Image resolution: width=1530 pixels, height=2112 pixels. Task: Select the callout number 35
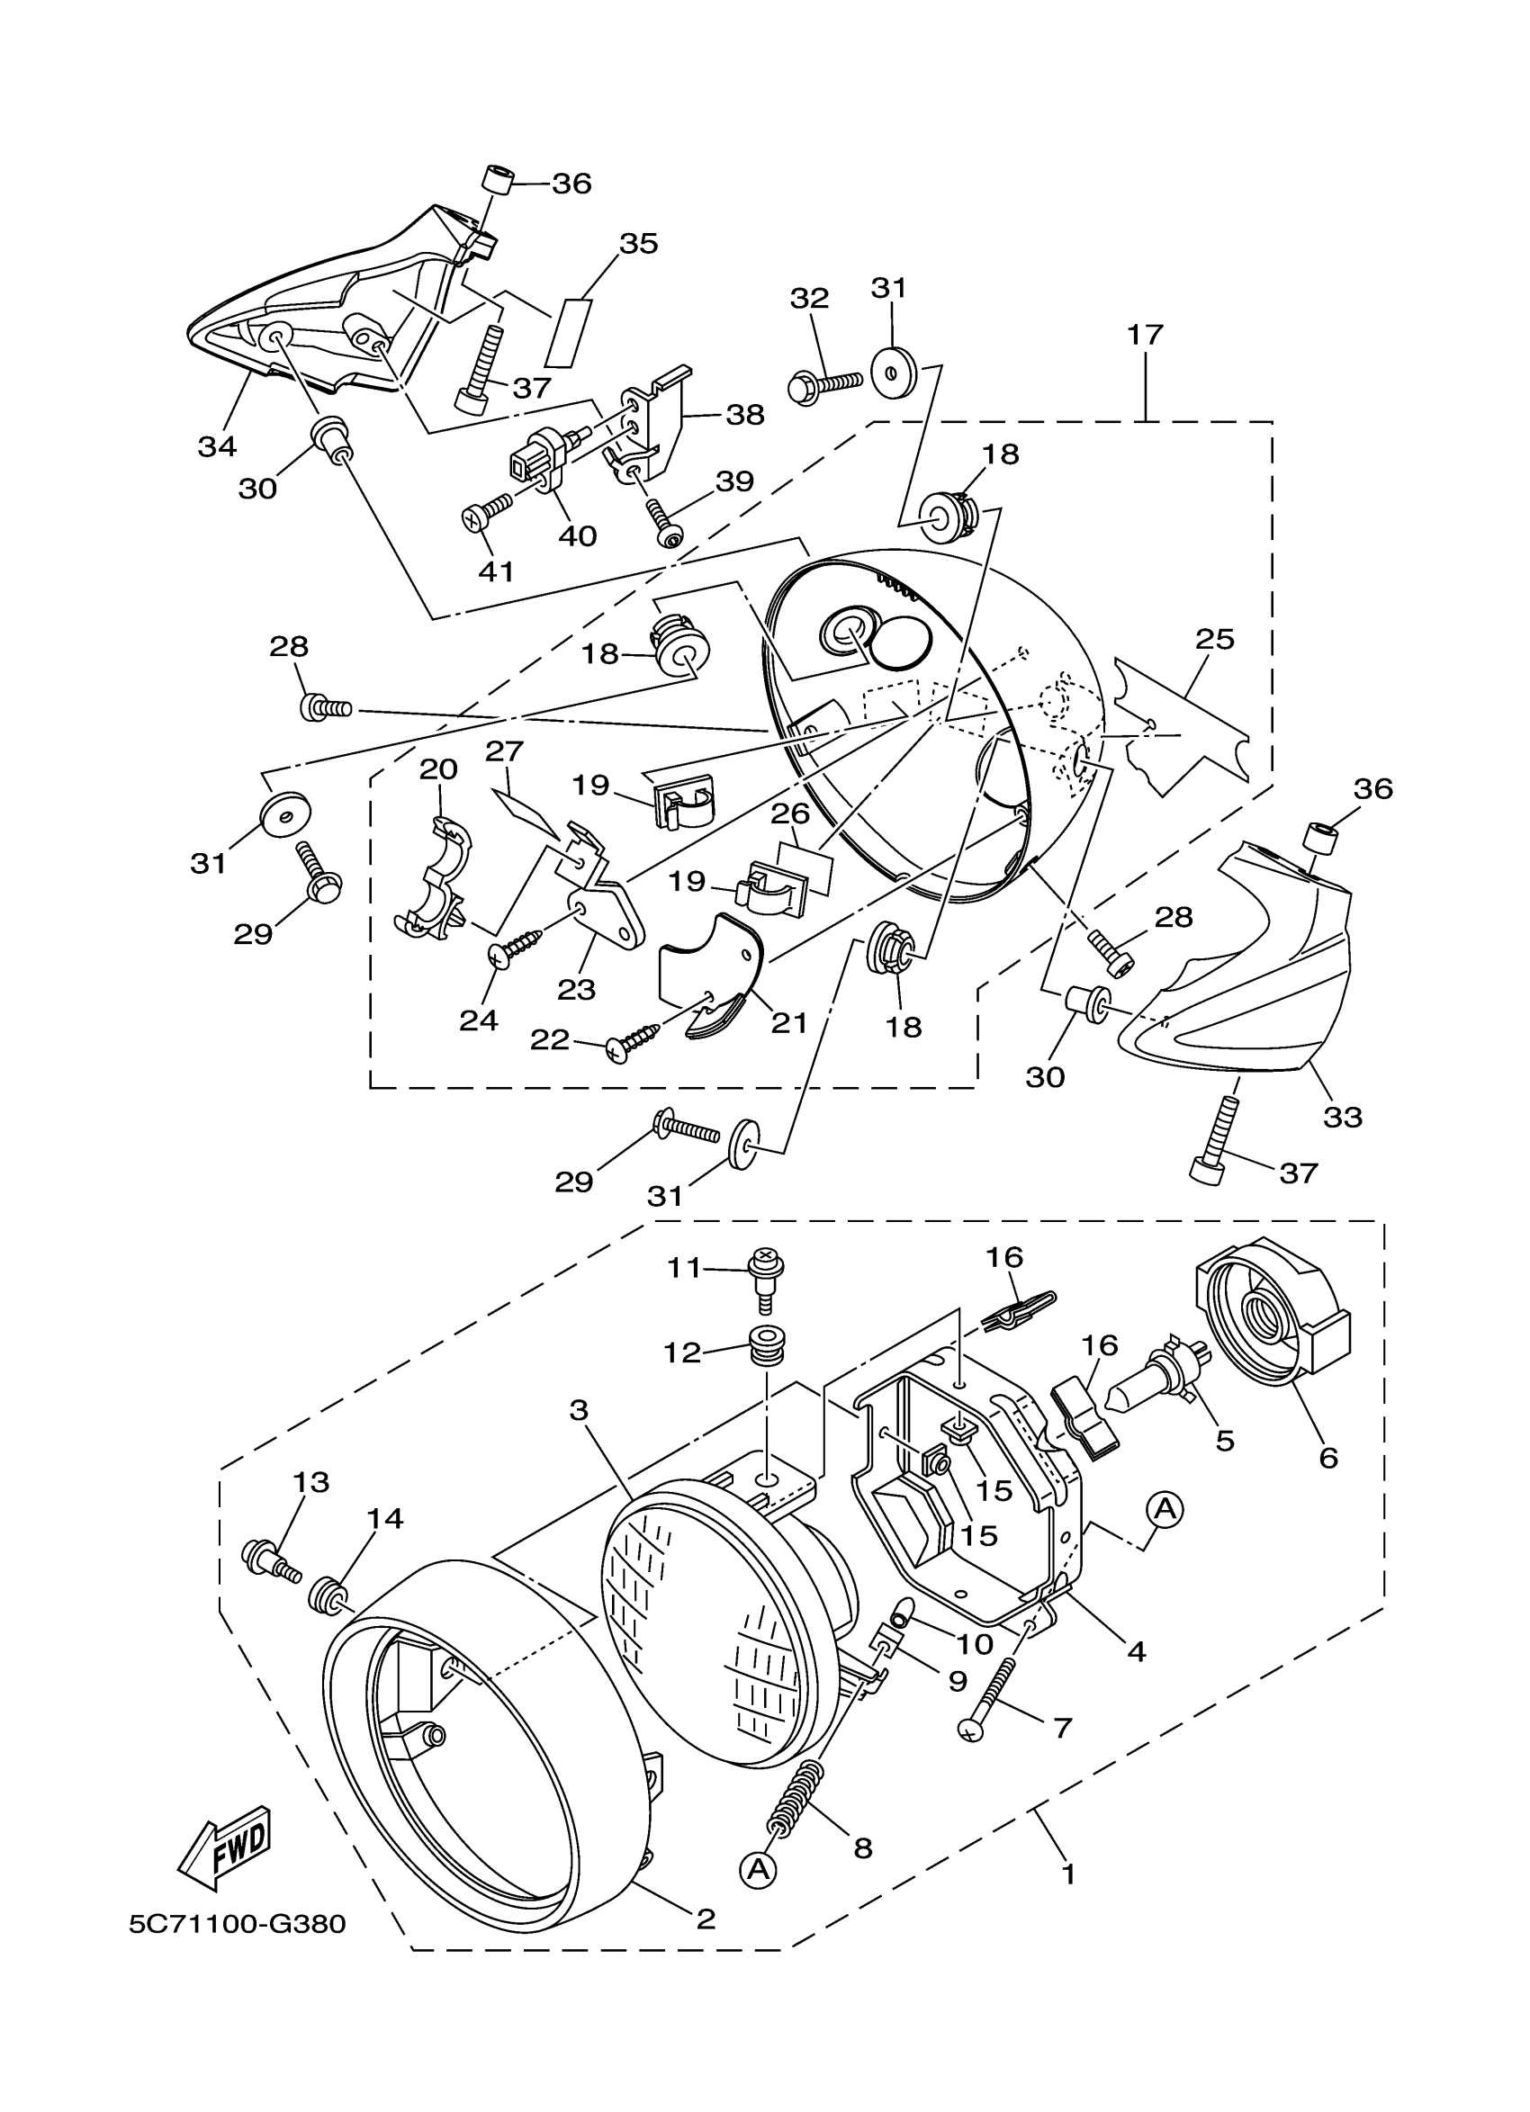(638, 244)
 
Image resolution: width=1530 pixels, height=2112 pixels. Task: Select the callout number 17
(1146, 336)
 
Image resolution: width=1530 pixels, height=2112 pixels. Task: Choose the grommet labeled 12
(766, 1342)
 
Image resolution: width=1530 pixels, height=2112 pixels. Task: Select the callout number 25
(1214, 640)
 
